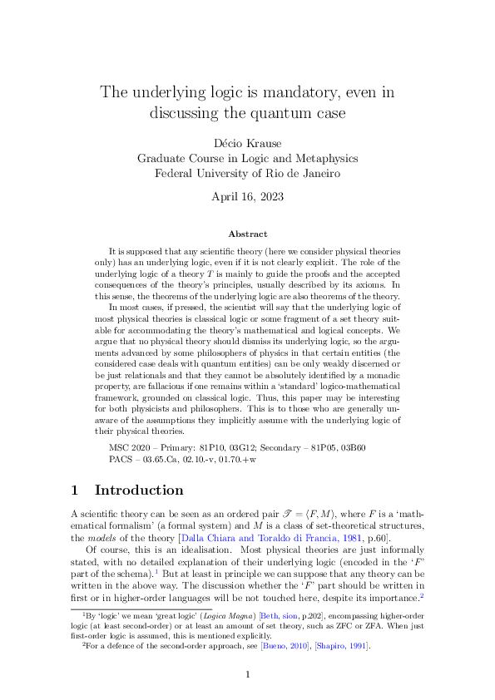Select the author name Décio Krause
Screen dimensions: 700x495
(248, 144)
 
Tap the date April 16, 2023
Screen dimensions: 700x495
(248, 197)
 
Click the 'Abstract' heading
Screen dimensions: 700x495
(248, 234)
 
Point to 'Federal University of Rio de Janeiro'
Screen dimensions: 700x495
(248, 174)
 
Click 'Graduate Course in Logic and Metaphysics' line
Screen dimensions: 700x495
(248, 159)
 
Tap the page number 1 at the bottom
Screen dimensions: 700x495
(248, 674)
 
